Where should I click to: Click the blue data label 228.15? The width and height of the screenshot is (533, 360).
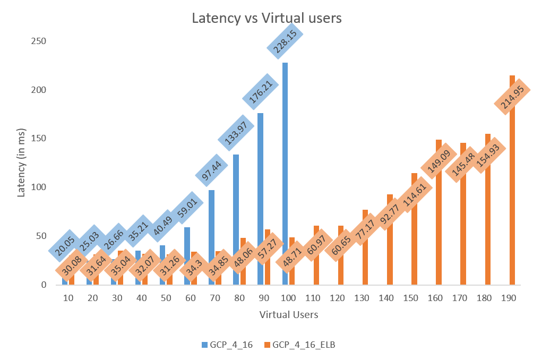[x=285, y=40]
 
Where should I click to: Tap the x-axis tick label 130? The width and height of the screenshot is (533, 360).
[x=362, y=298]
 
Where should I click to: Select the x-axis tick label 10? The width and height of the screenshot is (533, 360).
[x=68, y=298]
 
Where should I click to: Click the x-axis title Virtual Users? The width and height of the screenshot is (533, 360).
[x=289, y=314]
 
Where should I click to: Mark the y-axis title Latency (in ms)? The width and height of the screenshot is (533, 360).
[x=21, y=162]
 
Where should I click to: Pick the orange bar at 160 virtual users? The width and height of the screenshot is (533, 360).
[x=439, y=234]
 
